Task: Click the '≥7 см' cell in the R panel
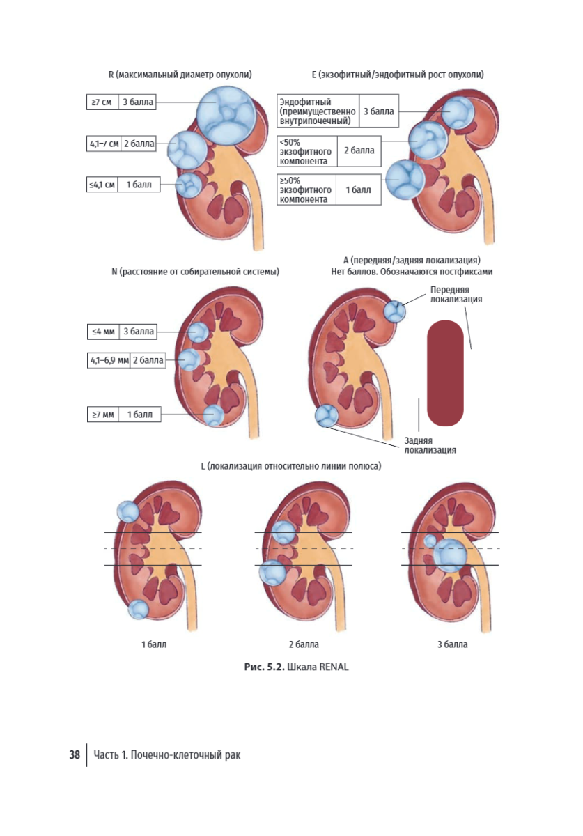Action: (x=102, y=102)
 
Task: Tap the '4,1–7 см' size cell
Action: (x=104, y=144)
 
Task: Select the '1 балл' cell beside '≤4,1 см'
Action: (x=139, y=185)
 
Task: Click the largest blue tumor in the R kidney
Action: (x=226, y=114)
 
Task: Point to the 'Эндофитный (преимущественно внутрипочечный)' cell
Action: (x=318, y=111)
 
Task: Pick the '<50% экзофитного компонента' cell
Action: (x=307, y=151)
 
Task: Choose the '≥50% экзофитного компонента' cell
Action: (x=306, y=189)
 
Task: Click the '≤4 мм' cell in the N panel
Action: (x=103, y=332)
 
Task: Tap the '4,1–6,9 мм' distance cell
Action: (x=109, y=361)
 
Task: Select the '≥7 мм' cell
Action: (x=103, y=415)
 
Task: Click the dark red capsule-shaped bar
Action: (x=445, y=373)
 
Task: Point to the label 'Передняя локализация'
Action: (x=456, y=295)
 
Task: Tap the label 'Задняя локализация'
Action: (x=430, y=445)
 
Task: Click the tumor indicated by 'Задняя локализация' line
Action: (x=327, y=416)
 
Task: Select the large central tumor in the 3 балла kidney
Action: (x=450, y=556)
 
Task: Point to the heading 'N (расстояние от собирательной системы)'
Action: (x=195, y=272)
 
